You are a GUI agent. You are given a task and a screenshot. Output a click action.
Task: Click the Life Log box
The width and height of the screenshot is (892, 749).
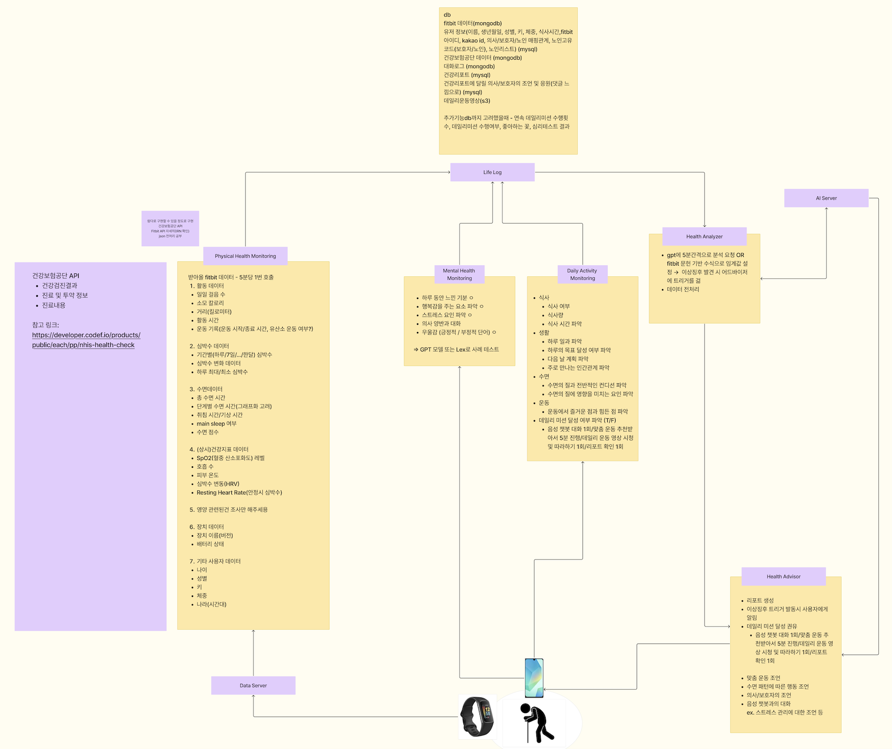[x=492, y=172]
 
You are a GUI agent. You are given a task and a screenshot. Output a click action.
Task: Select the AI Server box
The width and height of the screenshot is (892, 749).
[x=826, y=198]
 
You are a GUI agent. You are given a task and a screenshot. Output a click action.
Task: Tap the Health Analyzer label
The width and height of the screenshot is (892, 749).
[x=704, y=237]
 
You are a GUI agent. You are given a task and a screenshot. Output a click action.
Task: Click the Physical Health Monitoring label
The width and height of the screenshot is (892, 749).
[x=245, y=256]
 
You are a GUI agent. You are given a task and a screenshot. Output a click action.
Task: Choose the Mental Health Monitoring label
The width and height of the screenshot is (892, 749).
[x=459, y=274]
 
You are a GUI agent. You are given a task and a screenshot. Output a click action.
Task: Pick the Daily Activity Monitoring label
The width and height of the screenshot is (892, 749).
[x=582, y=274]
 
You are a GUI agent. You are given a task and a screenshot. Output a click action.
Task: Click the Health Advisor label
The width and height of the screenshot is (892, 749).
[x=783, y=577]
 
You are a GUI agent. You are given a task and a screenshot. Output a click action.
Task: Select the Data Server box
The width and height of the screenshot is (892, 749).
[x=253, y=685]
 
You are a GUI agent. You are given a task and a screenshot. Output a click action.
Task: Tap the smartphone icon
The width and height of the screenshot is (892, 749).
[x=534, y=678]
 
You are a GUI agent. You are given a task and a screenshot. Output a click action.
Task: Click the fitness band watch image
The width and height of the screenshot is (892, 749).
[x=477, y=716]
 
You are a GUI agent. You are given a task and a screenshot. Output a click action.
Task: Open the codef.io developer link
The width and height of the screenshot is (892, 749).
[x=86, y=340]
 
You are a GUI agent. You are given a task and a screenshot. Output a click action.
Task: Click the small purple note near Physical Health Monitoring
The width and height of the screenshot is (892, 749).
[x=170, y=228]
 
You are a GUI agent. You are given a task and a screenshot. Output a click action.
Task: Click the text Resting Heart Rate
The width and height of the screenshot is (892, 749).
[x=239, y=493]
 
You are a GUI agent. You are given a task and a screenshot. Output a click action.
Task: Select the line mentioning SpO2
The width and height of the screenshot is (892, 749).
[x=230, y=458]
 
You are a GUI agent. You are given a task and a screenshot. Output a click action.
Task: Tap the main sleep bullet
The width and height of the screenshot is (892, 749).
[x=216, y=424]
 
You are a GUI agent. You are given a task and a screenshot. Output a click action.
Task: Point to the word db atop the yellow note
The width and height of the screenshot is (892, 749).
[x=447, y=15]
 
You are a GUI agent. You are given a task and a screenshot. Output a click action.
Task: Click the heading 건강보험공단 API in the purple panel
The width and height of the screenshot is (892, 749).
[x=55, y=276]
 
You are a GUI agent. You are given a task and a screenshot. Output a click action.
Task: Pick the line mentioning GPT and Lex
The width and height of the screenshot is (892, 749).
[x=459, y=349]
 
